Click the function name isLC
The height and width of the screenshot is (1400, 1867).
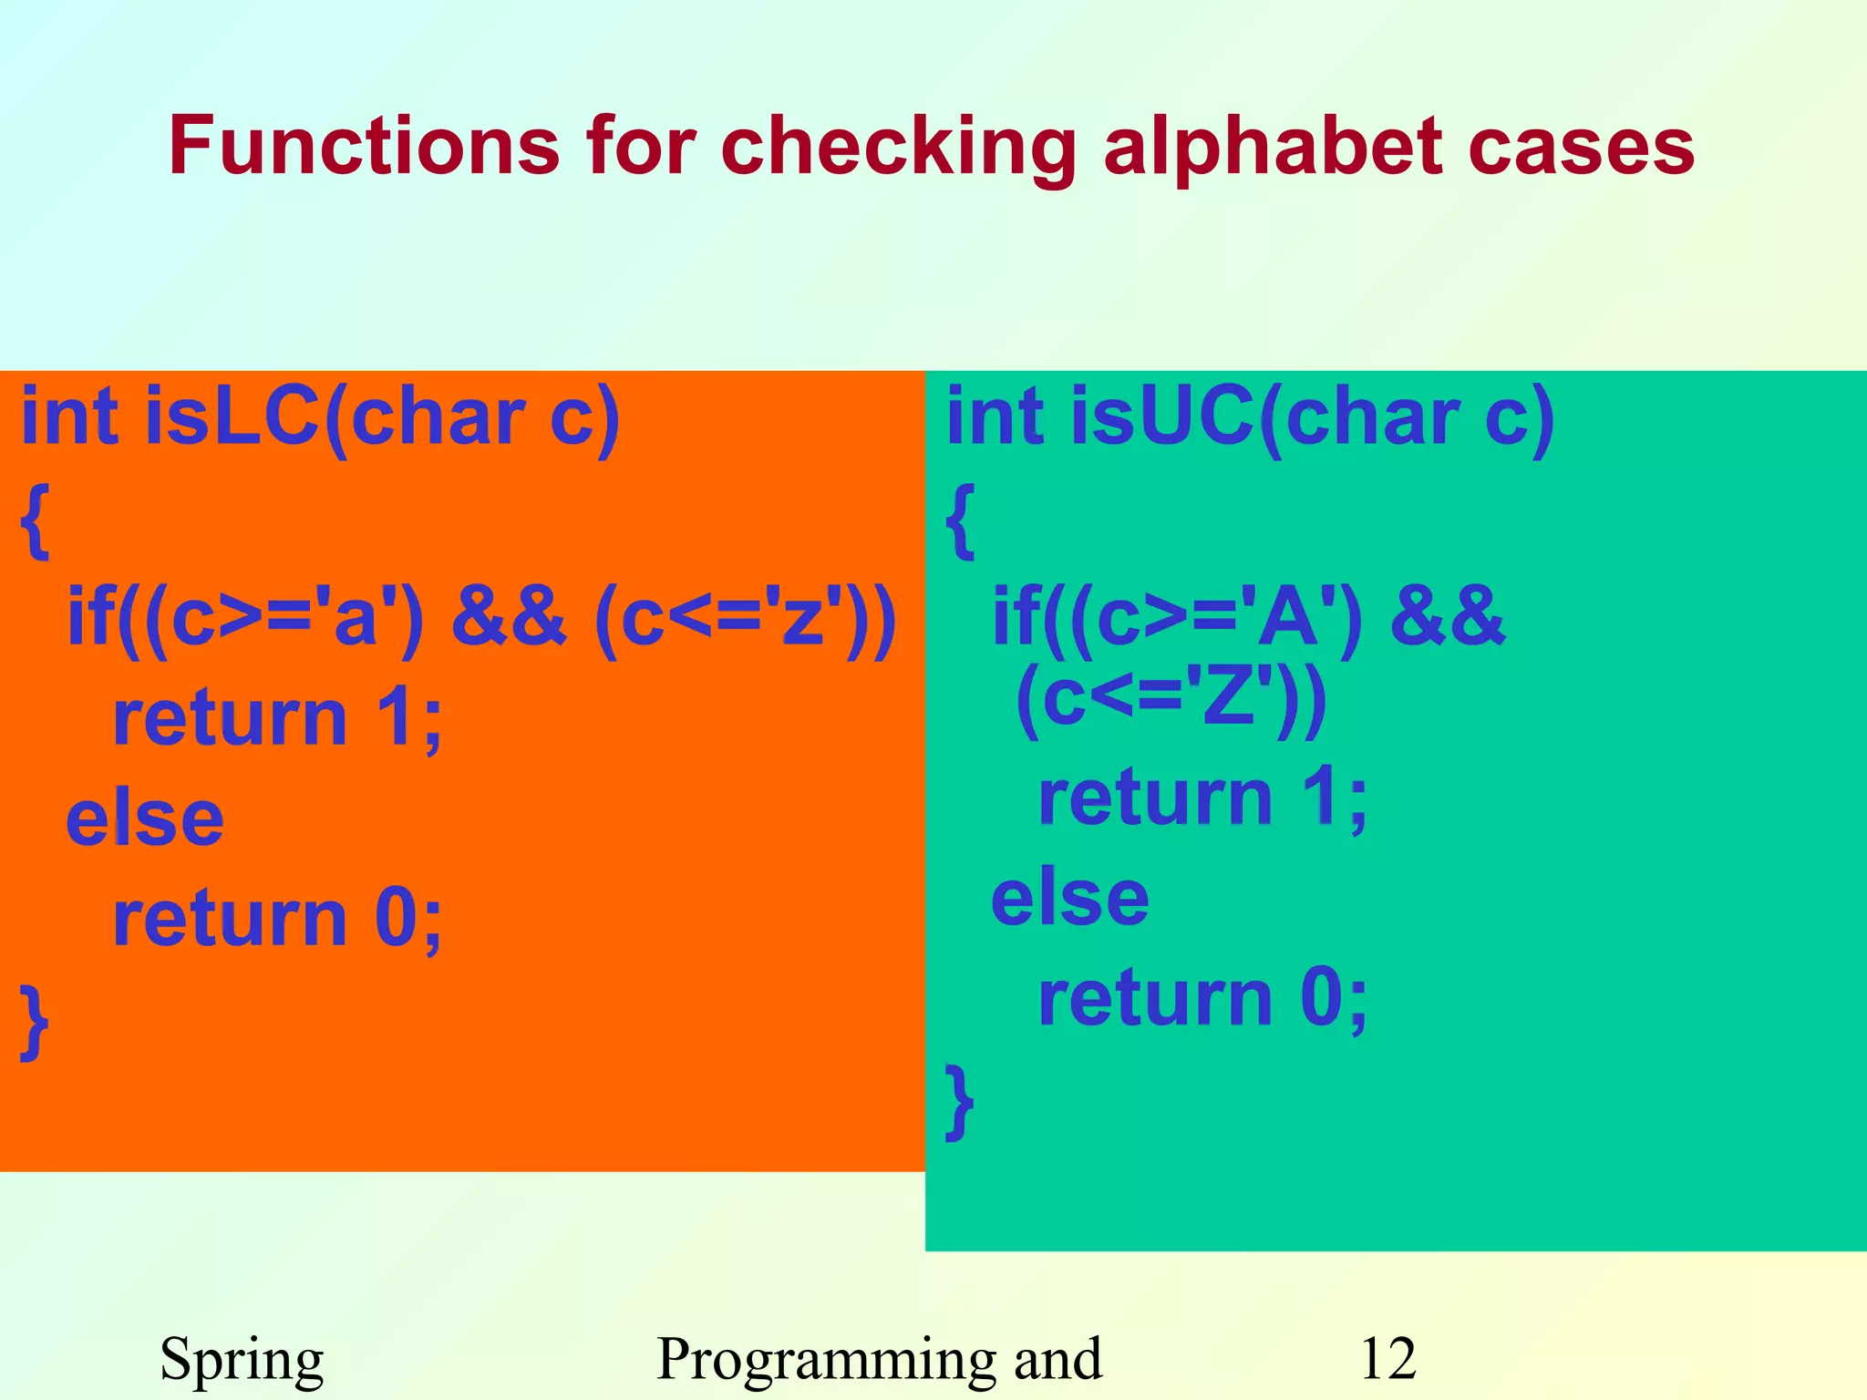[233, 417]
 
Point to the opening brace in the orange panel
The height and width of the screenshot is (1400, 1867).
[35, 521]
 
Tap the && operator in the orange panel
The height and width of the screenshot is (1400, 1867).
[509, 617]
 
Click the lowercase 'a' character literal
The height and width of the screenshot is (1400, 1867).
[356, 617]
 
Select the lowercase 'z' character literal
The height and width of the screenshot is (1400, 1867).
[802, 617]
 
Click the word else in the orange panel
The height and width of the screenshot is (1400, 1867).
[145, 818]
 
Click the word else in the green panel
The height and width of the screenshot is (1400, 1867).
[1070, 898]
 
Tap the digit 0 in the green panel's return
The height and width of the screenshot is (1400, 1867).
[1322, 998]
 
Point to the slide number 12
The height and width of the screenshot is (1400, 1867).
[1387, 1359]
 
